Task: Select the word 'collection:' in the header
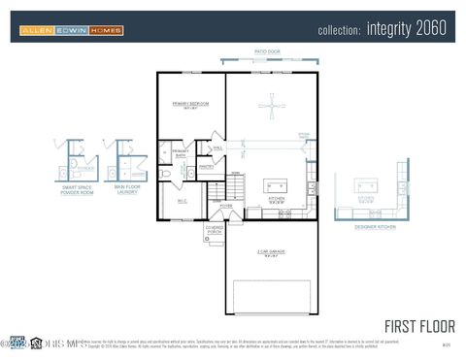click(x=339, y=30)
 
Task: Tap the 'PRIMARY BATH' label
click(x=181, y=152)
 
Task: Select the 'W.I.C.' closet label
click(x=181, y=201)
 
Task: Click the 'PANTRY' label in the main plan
click(x=205, y=166)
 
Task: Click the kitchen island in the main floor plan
click(x=276, y=185)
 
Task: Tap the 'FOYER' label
click(x=225, y=206)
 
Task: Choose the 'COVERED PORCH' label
click(x=215, y=231)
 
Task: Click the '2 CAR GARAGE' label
click(x=269, y=254)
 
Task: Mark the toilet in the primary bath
click(x=166, y=173)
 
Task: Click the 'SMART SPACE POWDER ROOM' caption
click(x=78, y=192)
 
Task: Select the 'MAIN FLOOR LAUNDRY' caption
click(x=125, y=190)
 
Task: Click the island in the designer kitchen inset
click(x=366, y=185)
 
